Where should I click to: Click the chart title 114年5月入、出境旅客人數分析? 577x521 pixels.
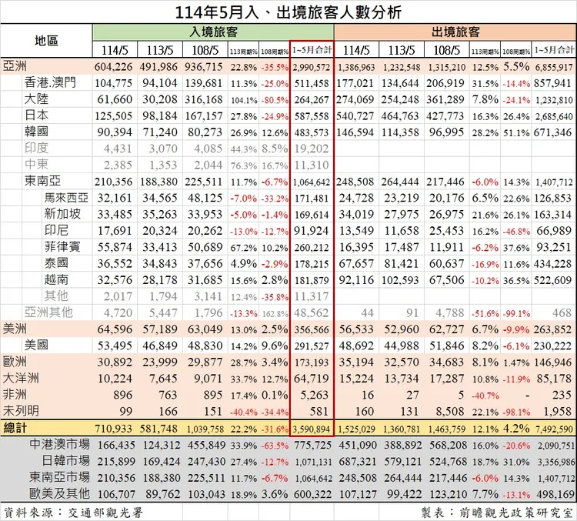click(288, 12)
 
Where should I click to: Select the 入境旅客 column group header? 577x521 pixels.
click(213, 32)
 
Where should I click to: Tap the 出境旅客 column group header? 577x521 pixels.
click(455, 32)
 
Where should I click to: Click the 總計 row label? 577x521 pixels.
click(15, 427)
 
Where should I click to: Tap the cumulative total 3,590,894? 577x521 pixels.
click(312, 428)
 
